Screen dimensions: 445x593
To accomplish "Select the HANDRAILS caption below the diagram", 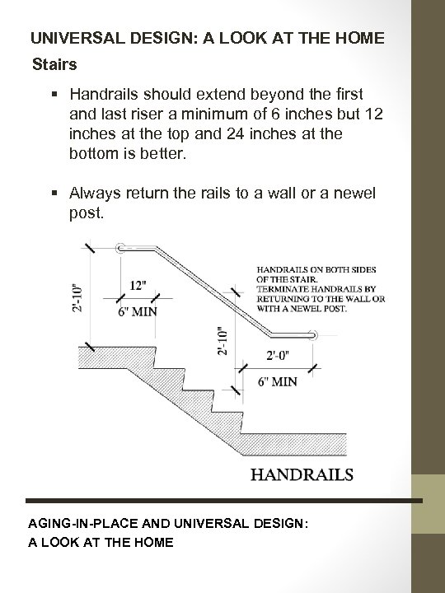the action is [x=302, y=474].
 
